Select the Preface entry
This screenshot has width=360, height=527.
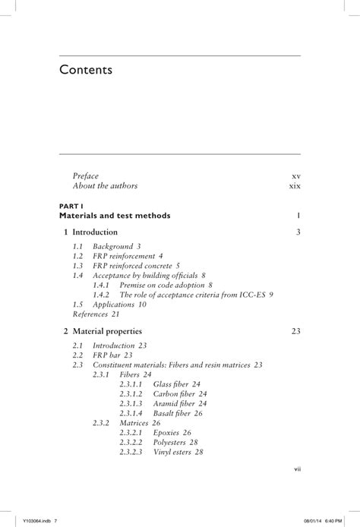pos(85,176)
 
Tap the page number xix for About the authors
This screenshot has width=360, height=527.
pos(295,186)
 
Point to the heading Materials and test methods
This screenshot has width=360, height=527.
pos(114,216)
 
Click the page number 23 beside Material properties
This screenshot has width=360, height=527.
pos(296,331)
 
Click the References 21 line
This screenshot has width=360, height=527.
pos(96,314)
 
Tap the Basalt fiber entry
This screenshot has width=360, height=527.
pos(175,414)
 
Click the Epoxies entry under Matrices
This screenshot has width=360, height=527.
pos(172,433)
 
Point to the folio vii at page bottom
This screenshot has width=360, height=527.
pos(297,469)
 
